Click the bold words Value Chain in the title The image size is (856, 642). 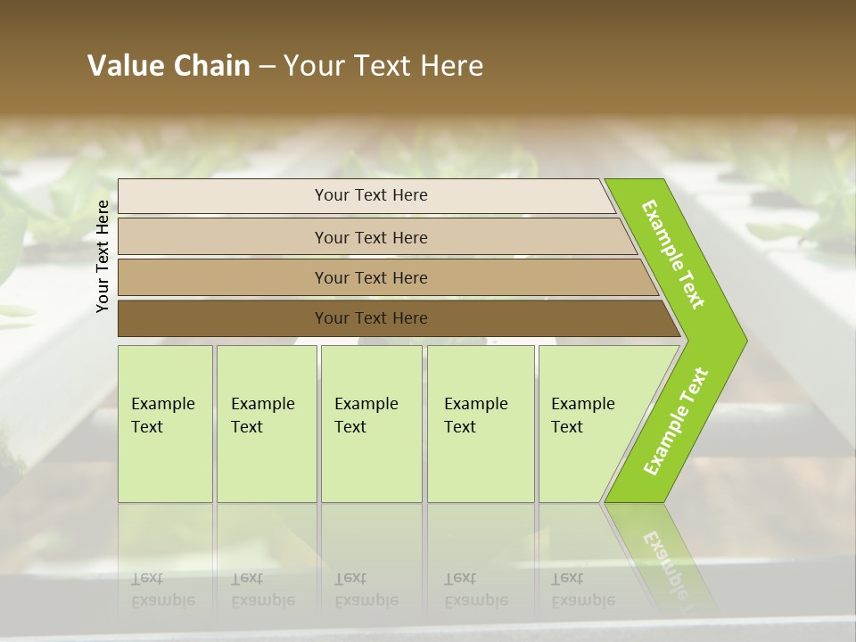169,65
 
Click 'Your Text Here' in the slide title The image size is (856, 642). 383,65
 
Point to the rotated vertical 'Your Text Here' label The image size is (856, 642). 103,256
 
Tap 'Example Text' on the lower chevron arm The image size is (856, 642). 676,422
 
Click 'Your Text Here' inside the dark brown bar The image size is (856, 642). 371,318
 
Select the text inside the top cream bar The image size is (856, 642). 371,195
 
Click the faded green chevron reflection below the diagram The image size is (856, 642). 664,557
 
